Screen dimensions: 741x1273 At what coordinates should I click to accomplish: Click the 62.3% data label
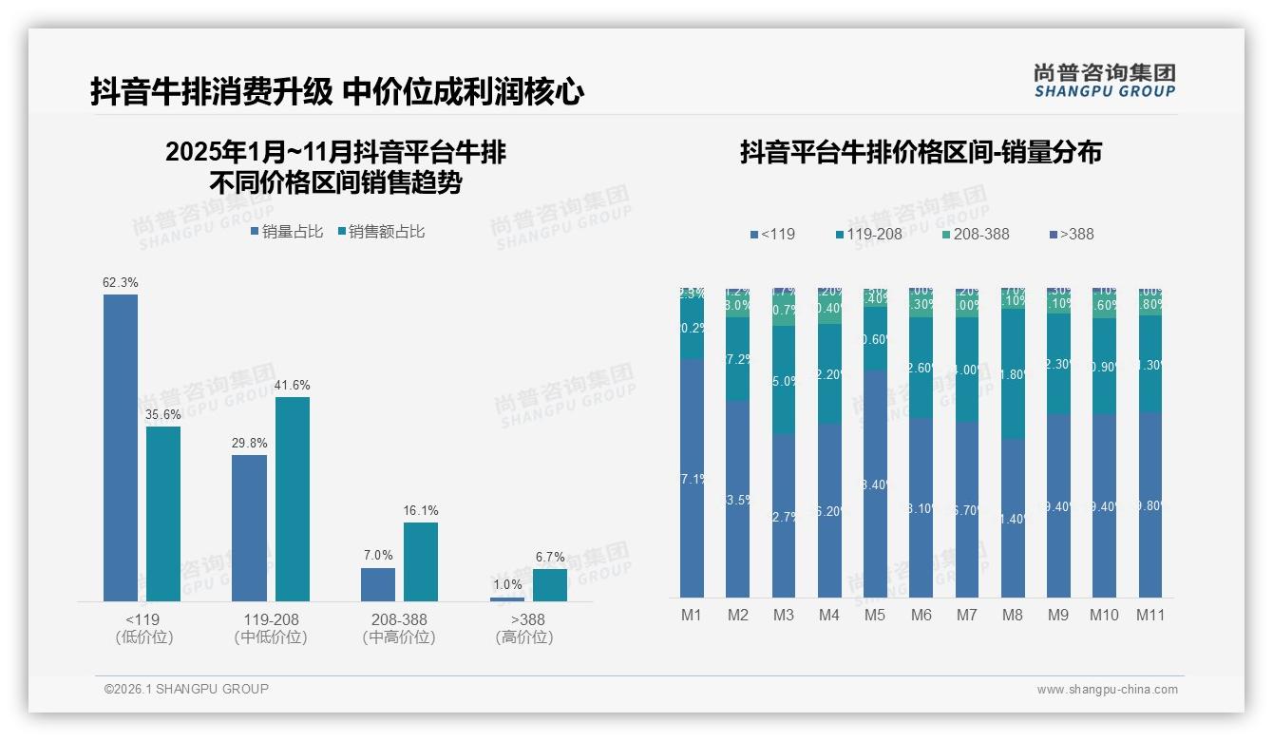pos(121,282)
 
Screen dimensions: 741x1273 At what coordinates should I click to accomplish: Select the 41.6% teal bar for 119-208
pos(293,499)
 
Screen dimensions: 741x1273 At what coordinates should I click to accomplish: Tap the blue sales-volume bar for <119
pos(121,447)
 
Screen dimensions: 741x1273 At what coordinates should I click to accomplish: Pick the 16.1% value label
pos(421,510)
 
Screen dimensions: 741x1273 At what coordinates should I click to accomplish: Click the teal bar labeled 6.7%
pos(549,585)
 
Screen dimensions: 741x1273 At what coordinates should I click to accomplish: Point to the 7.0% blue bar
pos(378,584)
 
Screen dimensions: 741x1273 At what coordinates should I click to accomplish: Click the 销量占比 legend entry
pos(287,232)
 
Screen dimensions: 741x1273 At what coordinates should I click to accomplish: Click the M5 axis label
pos(875,615)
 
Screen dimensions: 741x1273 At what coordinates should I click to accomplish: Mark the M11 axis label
pos(1150,615)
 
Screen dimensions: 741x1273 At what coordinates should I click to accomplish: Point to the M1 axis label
pos(692,615)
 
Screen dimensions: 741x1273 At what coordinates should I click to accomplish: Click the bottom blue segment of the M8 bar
pos(1013,518)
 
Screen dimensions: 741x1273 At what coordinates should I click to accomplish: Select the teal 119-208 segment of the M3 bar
pos(784,380)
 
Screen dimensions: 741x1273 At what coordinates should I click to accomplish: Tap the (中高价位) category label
pos(399,637)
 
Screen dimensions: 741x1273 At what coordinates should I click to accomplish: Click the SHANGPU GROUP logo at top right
pos(1104,81)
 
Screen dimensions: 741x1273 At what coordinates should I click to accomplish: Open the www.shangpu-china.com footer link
pos(1107,690)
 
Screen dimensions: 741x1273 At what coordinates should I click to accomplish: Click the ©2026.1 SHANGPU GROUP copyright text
pos(186,689)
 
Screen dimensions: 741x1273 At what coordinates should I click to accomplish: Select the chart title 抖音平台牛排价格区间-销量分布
pos(921,152)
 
